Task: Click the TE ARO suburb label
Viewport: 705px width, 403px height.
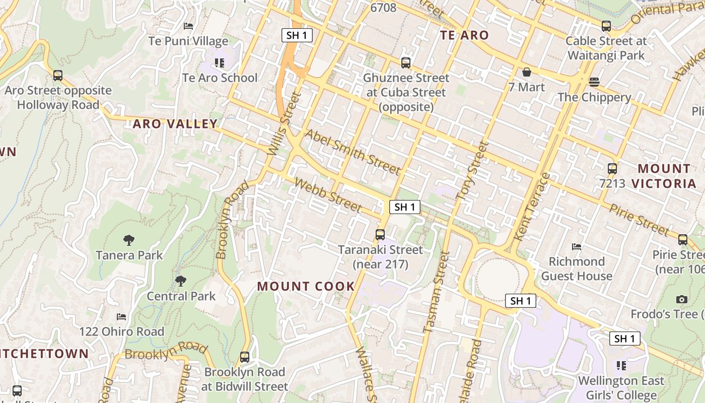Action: (x=464, y=35)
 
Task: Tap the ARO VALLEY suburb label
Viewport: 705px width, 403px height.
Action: (x=175, y=124)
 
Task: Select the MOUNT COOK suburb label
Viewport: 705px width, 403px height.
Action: (x=306, y=287)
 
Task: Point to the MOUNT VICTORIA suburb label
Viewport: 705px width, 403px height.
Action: (x=664, y=176)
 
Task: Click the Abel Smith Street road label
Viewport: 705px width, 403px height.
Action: (x=353, y=152)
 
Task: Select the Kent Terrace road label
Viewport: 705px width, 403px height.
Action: (x=533, y=207)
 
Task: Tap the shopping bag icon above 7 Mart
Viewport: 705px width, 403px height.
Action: (x=527, y=73)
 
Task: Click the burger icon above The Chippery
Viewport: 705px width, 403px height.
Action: (x=594, y=83)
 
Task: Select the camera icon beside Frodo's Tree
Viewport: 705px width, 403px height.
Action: (x=682, y=300)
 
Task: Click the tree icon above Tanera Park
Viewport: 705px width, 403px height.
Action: (x=129, y=240)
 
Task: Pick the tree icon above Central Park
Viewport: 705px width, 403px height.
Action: (x=181, y=281)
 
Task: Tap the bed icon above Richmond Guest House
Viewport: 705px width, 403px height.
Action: (x=577, y=247)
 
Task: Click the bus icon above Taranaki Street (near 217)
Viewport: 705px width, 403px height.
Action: (x=380, y=235)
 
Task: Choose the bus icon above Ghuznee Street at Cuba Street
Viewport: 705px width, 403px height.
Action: (x=406, y=63)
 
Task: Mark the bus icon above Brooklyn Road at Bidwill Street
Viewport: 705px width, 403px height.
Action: (x=245, y=357)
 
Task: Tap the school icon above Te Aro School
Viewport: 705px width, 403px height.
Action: (x=220, y=63)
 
